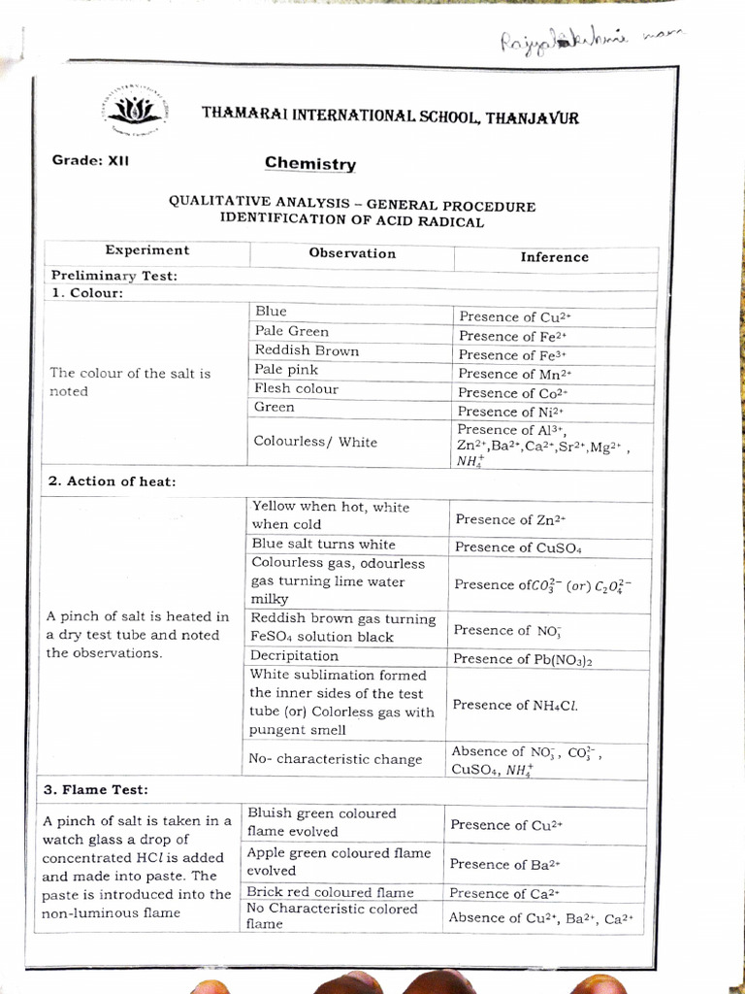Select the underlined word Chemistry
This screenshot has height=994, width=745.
click(310, 164)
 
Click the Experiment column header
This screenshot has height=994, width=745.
click(147, 250)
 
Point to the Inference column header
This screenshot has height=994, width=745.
click(554, 257)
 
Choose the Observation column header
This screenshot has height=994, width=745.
click(352, 253)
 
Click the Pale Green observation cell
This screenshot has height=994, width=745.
click(292, 331)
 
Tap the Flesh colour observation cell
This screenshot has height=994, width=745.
click(296, 388)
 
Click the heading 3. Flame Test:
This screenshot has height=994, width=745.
click(95, 790)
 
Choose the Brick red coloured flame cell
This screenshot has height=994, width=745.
click(330, 892)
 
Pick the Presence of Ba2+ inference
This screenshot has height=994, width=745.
click(505, 864)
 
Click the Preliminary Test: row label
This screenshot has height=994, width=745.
click(113, 276)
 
